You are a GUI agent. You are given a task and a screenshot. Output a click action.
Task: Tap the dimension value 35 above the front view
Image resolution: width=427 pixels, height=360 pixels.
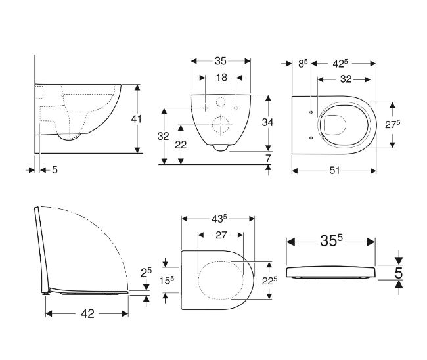pos(219,61)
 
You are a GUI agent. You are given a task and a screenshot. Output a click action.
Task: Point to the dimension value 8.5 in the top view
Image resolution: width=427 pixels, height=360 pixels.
pos(302,64)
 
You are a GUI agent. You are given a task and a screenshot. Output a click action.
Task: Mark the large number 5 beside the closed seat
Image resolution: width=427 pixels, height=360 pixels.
pos(398,271)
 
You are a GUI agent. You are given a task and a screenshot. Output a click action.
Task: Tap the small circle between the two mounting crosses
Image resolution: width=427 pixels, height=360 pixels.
pos(220,102)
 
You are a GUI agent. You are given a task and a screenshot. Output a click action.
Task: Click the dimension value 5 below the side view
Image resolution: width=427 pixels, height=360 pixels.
pos(55,169)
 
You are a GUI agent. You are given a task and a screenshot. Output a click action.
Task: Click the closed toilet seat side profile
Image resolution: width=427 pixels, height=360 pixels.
pos(330,273)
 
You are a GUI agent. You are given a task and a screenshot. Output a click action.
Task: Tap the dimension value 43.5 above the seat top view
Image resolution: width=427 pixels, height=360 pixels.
pos(219,218)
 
